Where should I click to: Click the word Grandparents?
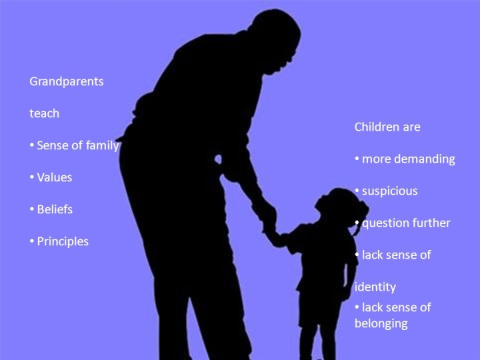coord(67,82)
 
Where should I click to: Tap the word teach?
coord(45,113)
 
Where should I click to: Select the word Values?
coord(55,177)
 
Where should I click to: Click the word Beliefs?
coord(55,209)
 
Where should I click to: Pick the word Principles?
coord(63,241)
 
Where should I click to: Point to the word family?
coord(102,146)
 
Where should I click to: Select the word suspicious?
coord(390,191)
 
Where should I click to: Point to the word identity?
coord(375,287)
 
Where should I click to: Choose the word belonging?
coord(381,323)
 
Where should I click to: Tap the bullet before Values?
coord(32,177)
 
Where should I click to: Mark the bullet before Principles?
coord(32,241)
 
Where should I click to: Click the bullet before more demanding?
coord(357,159)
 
